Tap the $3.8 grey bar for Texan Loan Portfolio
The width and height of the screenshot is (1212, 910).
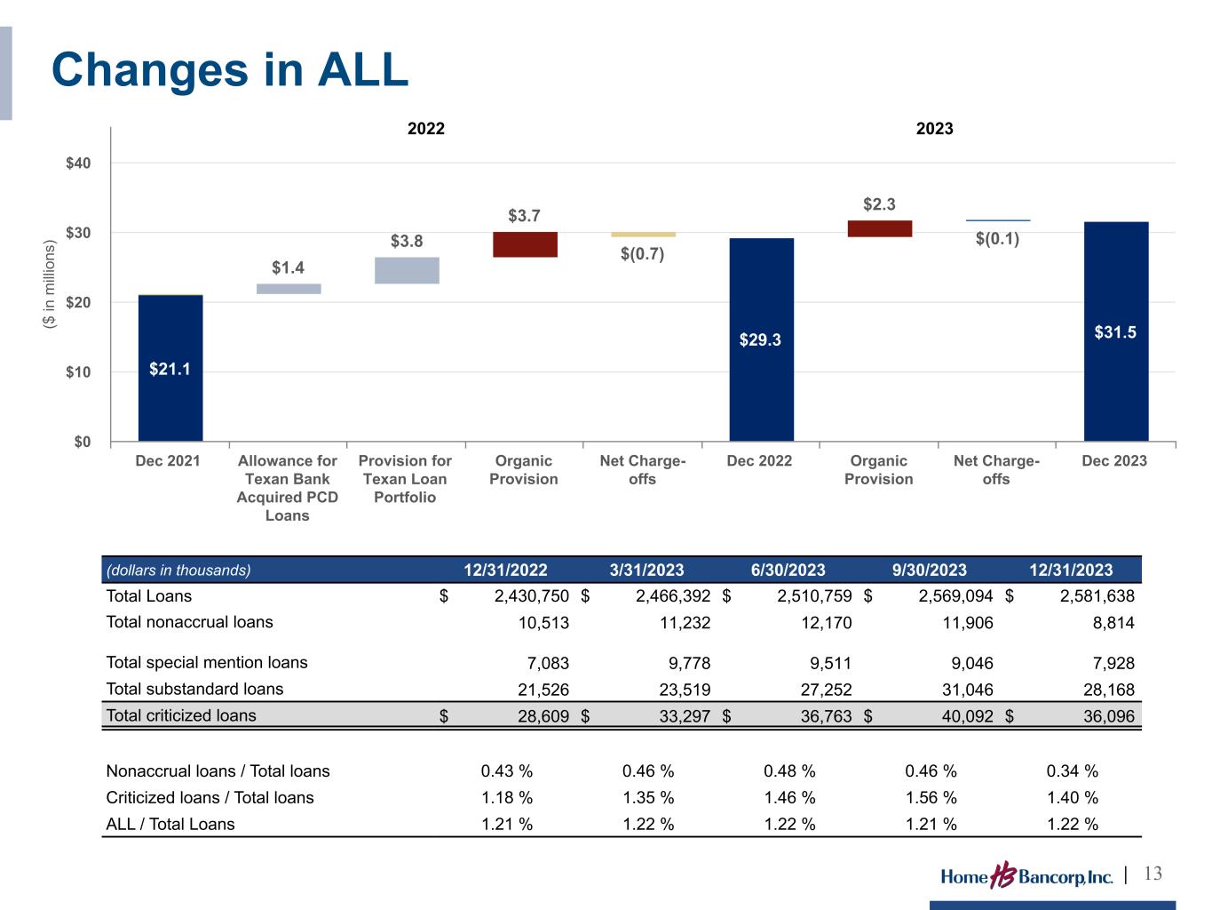407,270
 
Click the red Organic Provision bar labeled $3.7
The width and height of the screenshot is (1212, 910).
525,244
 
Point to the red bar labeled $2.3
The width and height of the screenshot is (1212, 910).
879,228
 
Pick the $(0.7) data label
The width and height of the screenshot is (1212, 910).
643,254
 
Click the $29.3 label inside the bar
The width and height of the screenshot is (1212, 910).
761,339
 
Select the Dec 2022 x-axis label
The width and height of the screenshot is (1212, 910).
759,460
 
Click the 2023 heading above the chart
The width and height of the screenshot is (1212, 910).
934,129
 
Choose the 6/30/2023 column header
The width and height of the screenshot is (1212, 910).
788,571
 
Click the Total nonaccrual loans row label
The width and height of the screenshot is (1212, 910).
189,622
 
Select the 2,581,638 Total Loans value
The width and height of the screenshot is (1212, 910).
1097,596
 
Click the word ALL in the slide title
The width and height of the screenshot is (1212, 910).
360,69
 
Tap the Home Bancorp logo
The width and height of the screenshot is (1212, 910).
1026,876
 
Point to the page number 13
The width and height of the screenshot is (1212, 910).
1153,874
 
